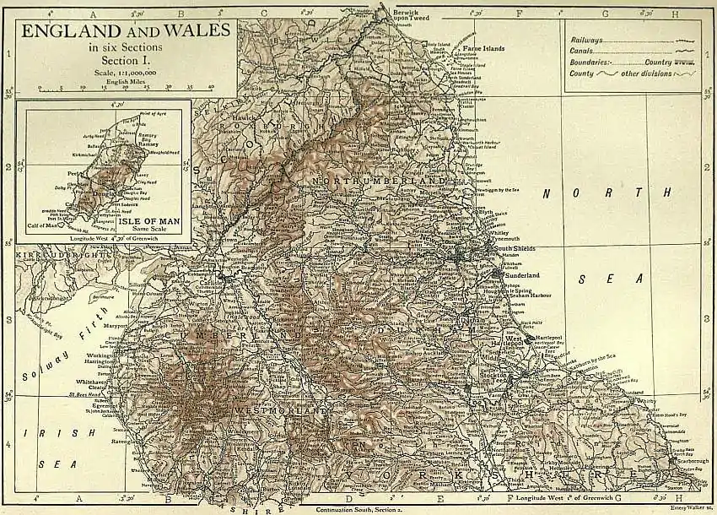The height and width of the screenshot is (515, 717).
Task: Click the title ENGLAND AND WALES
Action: coord(126,31)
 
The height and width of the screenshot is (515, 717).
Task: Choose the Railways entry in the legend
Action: coord(588,40)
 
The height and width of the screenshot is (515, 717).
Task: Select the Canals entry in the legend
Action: coord(583,51)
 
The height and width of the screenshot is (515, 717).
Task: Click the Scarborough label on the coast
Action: coord(682,463)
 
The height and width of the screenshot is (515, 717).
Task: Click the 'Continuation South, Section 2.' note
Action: coord(359,509)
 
